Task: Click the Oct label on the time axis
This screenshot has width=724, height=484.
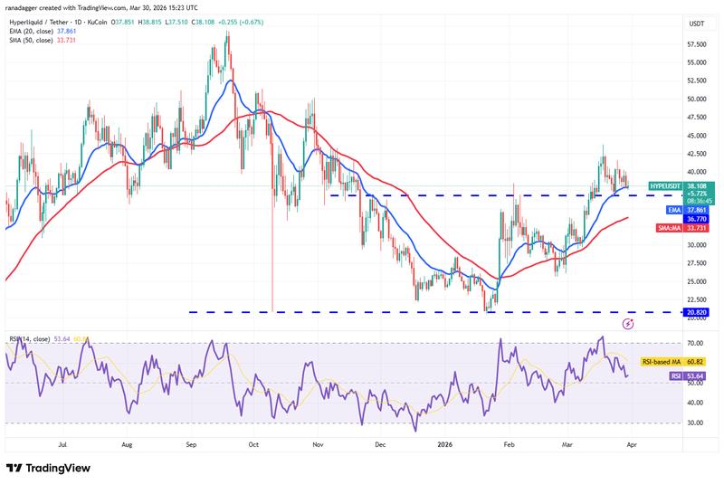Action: (253, 444)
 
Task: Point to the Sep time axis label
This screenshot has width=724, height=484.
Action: (191, 444)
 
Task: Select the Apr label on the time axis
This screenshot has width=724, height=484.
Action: (630, 444)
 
